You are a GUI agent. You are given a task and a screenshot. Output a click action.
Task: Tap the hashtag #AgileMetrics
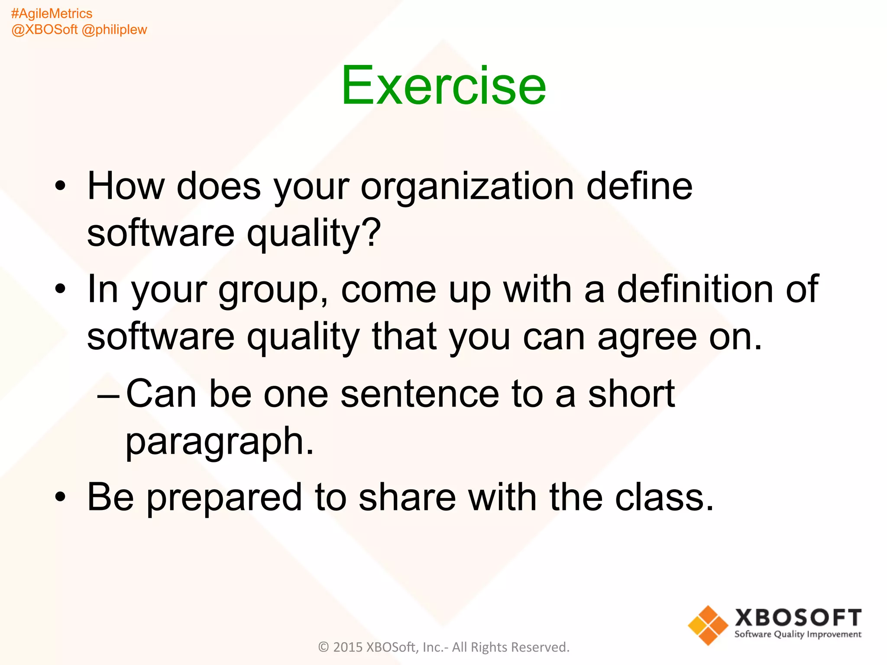(x=52, y=13)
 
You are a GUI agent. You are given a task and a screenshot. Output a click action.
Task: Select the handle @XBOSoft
(x=44, y=29)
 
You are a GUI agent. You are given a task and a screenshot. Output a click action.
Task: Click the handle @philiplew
(x=114, y=29)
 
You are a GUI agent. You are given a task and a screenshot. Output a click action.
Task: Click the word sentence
(x=420, y=394)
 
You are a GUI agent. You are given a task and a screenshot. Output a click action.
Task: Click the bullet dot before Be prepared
(x=61, y=497)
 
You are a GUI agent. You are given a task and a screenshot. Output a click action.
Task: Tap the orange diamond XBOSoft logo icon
(x=708, y=625)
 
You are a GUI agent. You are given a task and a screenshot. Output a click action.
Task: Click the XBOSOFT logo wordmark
(x=798, y=617)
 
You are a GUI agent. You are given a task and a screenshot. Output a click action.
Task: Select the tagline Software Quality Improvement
(x=798, y=635)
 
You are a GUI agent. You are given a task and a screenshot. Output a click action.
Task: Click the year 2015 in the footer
(x=348, y=647)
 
